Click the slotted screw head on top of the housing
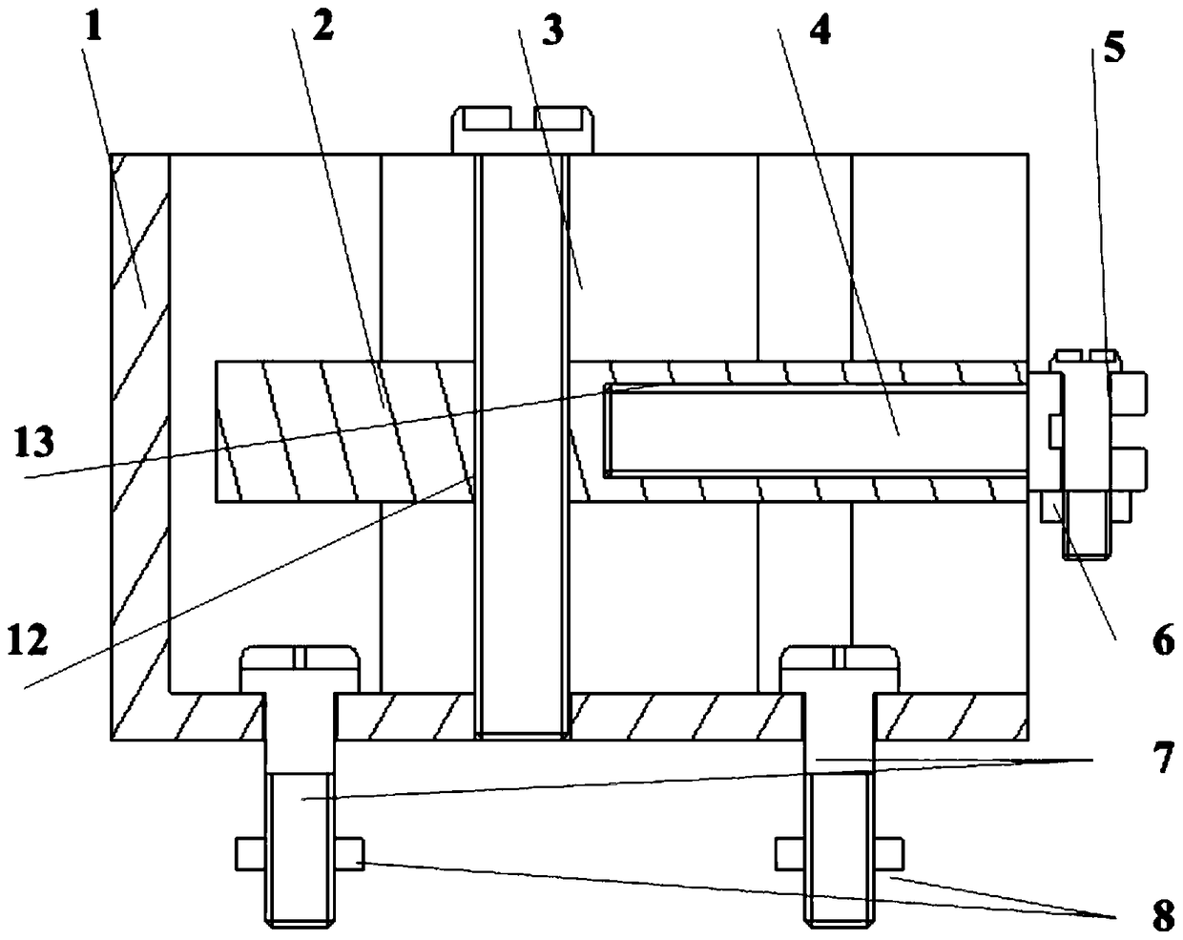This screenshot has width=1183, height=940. click(523, 130)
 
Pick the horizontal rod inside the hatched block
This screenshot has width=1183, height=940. click(820, 429)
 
